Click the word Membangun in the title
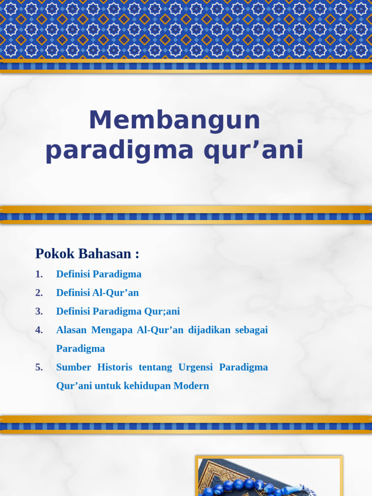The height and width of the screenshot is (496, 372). (174, 120)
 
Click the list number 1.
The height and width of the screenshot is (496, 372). (39, 274)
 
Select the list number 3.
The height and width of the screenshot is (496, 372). (39, 311)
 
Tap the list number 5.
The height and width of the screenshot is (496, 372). (39, 367)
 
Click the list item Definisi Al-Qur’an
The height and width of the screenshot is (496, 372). (97, 293)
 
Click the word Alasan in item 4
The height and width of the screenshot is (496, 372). (71, 330)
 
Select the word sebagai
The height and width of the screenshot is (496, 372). (251, 330)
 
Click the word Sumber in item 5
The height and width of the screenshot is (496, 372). (74, 367)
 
